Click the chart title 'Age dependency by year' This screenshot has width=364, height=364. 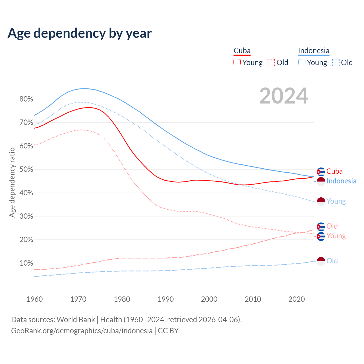(x=80, y=33)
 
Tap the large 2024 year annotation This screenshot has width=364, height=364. (x=284, y=96)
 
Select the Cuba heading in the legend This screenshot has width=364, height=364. (x=242, y=51)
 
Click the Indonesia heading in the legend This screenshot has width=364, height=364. (x=314, y=51)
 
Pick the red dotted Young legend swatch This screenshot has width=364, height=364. (x=237, y=63)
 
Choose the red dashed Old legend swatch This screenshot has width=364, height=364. (x=271, y=63)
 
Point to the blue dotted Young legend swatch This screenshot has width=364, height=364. (x=302, y=63)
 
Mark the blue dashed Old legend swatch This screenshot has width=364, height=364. (x=336, y=63)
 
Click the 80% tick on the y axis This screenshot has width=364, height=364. (x=26, y=99)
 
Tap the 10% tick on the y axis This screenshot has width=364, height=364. (x=26, y=263)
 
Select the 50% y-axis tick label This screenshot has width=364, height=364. (x=26, y=169)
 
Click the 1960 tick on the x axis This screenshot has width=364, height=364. (x=34, y=299)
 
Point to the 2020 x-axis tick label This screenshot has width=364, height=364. (x=297, y=299)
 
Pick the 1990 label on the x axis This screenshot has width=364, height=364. (x=166, y=299)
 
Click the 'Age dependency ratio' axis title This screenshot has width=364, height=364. (x=12, y=182)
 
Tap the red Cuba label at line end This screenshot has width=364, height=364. (x=334, y=171)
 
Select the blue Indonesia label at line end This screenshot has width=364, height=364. (x=341, y=181)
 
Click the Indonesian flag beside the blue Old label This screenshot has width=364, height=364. (x=321, y=261)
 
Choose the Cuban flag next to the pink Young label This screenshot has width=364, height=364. (x=321, y=236)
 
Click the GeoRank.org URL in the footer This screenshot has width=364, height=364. (x=82, y=331)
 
